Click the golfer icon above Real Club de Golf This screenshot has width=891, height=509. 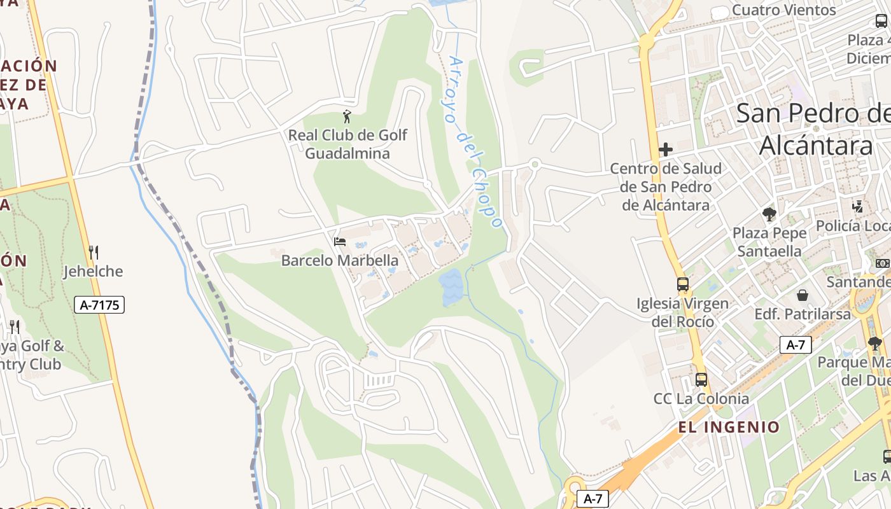[346, 116]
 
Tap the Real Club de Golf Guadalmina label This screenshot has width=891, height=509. [347, 144]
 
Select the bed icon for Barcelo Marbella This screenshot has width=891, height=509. [340, 242]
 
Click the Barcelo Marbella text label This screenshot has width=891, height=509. [340, 260]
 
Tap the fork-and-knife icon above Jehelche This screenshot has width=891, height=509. [94, 253]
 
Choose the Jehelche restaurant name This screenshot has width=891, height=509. [93, 272]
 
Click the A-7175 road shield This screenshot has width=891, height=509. [99, 305]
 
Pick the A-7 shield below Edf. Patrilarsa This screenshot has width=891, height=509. [796, 345]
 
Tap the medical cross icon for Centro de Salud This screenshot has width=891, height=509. [666, 150]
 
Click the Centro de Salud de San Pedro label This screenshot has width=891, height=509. [666, 187]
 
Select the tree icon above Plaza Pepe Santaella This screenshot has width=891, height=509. [769, 214]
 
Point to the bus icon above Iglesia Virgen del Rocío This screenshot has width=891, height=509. [683, 284]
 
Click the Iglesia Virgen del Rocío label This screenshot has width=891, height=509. [683, 312]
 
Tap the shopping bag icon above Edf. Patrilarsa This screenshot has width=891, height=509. [803, 295]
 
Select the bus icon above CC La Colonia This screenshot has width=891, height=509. [701, 380]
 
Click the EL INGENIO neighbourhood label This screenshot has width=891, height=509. [729, 427]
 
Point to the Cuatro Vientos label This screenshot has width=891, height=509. [783, 10]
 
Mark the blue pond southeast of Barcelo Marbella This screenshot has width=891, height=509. [451, 286]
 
